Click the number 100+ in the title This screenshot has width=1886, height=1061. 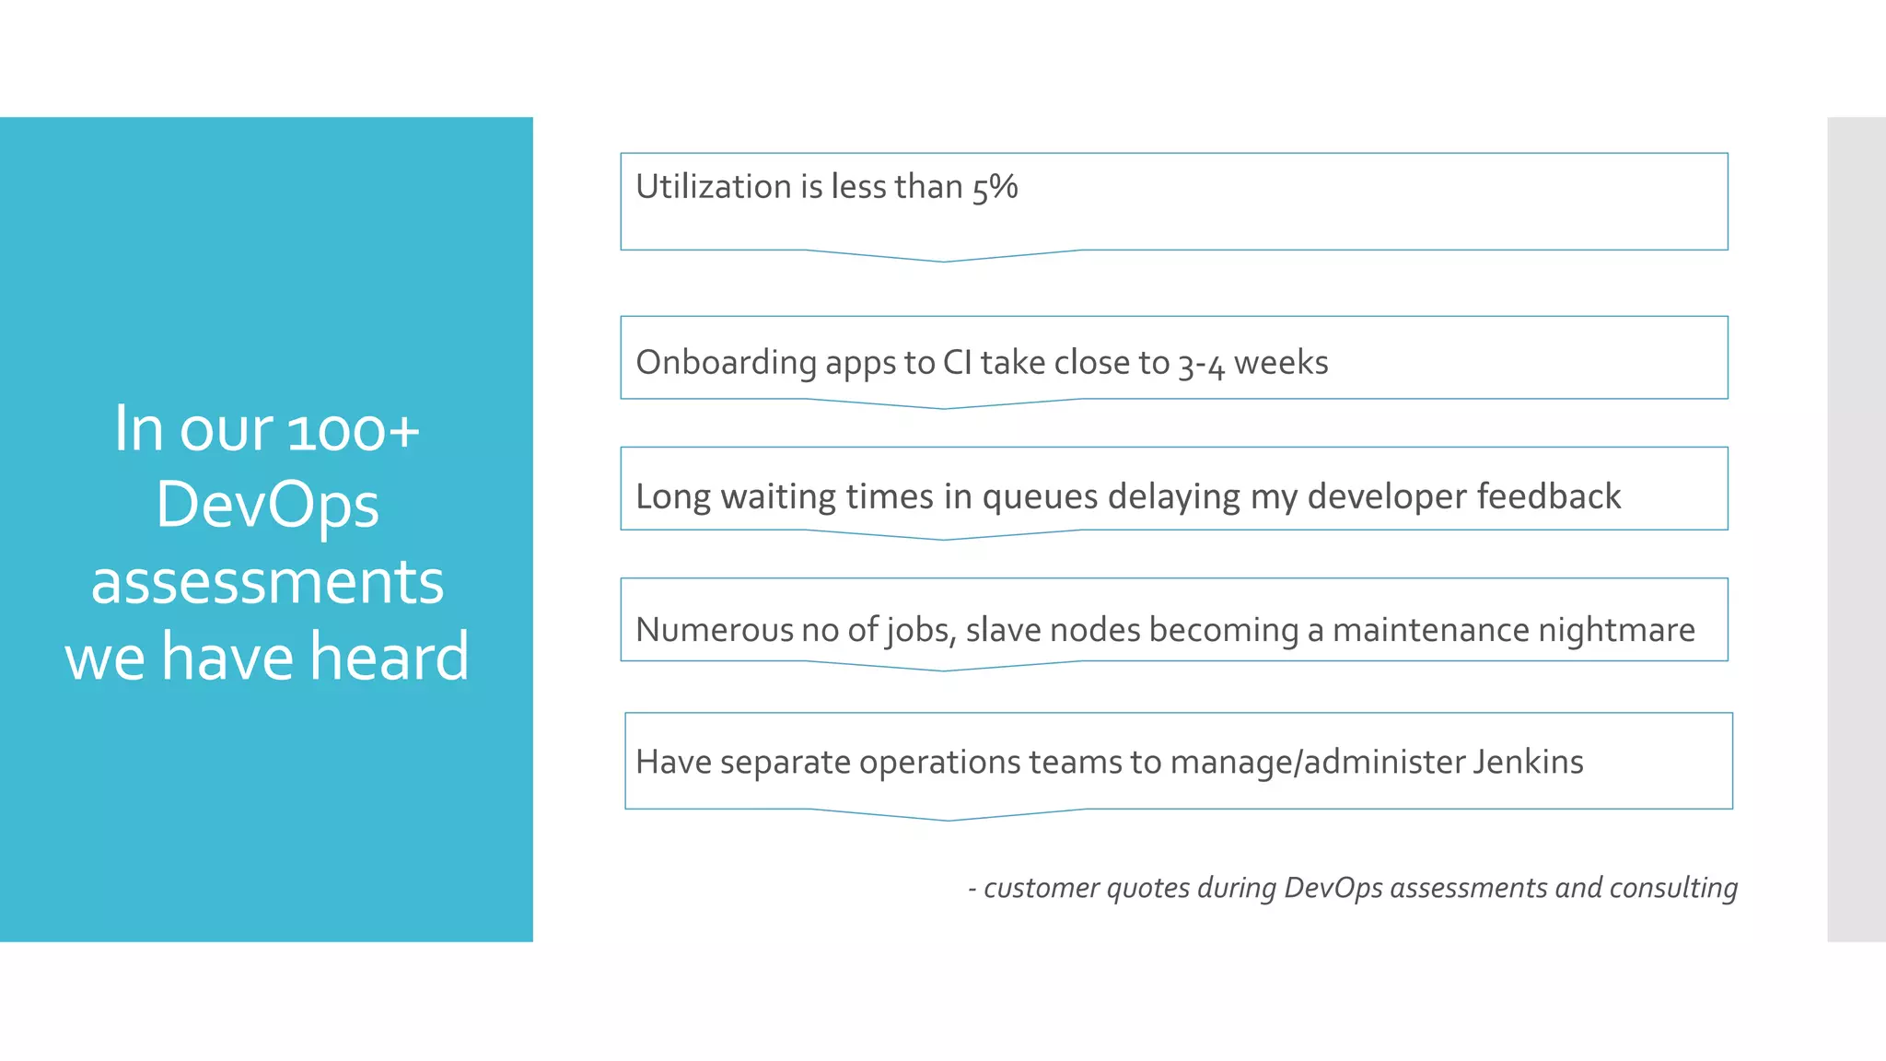[354, 430]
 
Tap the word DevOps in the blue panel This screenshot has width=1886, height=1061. [267, 506]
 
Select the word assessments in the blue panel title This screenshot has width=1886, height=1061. [267, 582]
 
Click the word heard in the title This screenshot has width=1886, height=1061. [389, 658]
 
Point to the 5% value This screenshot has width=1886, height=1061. [995, 188]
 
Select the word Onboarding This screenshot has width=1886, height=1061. [726, 364]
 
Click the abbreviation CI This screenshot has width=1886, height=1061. [957, 363]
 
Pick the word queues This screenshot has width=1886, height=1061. [1040, 497]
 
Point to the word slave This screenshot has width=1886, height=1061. [1003, 630]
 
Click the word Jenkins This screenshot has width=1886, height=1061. [1528, 763]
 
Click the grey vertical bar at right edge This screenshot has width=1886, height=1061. [1856, 530]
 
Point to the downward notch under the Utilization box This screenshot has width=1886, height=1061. [944, 257]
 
